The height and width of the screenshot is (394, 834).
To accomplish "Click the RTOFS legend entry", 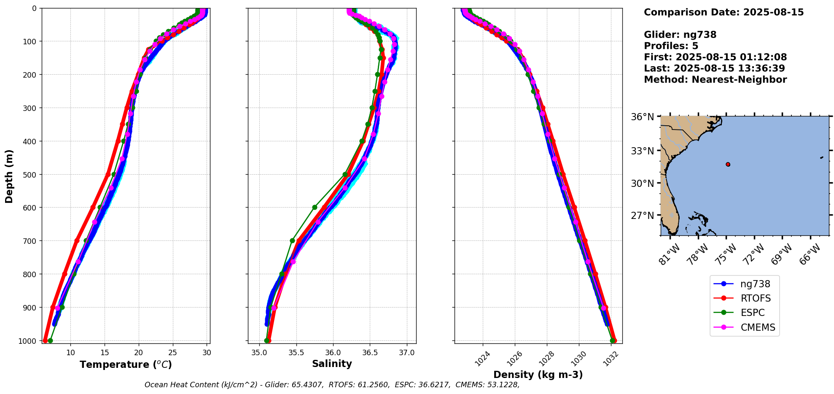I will tap(755, 298).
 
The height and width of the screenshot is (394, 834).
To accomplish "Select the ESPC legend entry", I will tap(752, 313).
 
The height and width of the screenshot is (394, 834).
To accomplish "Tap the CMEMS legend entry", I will tap(758, 327).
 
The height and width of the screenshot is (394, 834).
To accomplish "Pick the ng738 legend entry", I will tap(755, 284).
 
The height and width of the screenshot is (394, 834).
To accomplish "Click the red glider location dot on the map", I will tap(728, 165).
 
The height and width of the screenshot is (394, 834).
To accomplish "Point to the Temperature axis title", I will tap(126, 364).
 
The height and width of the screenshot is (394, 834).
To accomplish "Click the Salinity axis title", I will tap(332, 364).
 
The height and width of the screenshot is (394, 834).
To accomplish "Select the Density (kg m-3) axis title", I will tap(538, 375).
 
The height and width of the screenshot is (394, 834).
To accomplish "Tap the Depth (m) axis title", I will tap(9, 176).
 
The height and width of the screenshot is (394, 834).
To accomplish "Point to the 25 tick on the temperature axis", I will tap(172, 352).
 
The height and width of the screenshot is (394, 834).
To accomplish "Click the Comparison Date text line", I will tap(724, 12).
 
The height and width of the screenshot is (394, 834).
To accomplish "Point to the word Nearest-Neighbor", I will tap(739, 80).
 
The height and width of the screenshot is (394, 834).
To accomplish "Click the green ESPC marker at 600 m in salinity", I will tap(315, 207).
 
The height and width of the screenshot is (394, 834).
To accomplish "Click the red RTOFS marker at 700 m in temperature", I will tap(77, 240).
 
